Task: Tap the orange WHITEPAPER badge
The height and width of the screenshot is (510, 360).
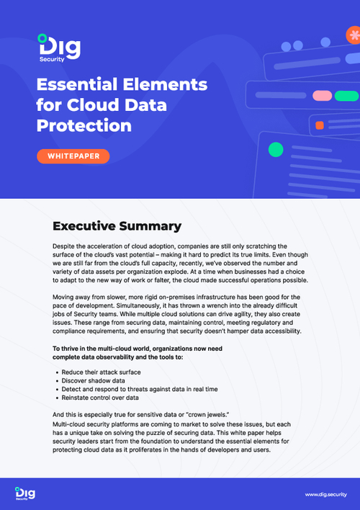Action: click(73, 156)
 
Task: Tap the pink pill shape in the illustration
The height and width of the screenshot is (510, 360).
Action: click(322, 95)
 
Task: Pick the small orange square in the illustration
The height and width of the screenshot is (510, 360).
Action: click(319, 125)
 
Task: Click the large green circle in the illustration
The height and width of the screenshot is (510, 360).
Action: click(275, 150)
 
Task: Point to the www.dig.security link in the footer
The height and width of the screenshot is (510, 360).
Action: click(325, 494)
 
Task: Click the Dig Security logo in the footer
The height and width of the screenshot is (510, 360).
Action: click(27, 493)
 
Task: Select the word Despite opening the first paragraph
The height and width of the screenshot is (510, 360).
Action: click(67, 246)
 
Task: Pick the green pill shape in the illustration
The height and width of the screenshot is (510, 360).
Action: click(346, 95)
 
